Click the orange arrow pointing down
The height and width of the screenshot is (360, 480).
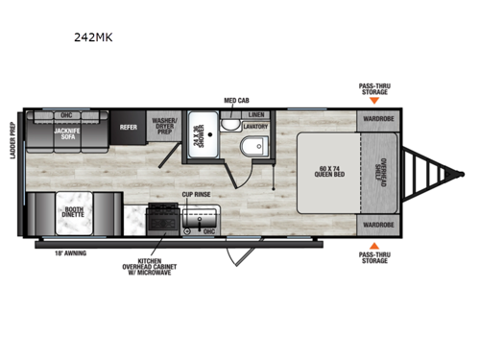(x=374, y=100)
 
